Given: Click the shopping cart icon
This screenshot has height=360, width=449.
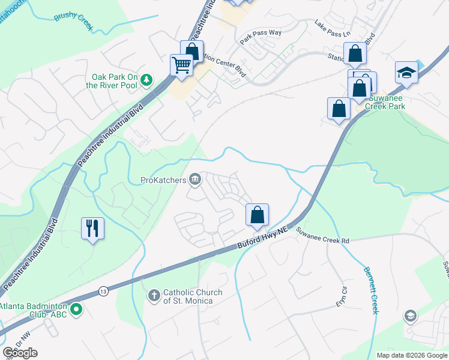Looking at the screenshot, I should pos(181,65).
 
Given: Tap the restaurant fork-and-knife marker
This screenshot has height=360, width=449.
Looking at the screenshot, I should pos(92,228).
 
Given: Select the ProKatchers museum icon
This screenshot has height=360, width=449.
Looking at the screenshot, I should pos(195,179).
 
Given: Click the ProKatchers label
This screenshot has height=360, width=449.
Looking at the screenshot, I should pos(163,179).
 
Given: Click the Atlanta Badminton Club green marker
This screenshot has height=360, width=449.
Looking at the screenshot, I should pos(76,310).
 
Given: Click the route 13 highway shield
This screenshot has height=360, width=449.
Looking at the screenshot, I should pos(103,290).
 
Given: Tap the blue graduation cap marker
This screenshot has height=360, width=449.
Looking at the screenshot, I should pos(406,72).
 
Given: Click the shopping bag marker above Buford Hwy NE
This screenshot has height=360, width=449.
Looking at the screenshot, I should pos(257,215).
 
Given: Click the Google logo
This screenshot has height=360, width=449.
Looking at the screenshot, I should pos(20,352).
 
